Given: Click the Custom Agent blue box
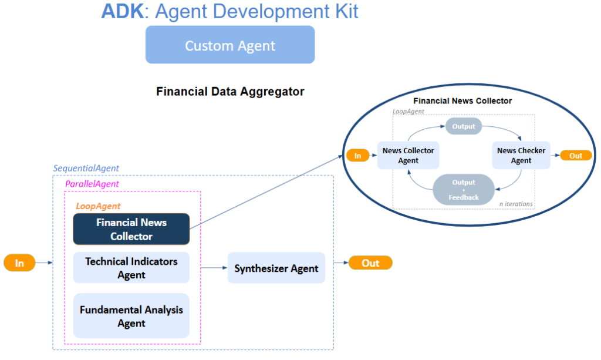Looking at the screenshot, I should coord(230,45).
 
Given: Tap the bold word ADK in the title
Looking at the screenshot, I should coord(122,11).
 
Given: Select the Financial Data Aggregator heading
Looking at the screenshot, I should coord(230,92).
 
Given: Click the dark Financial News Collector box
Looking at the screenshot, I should coord(131,229).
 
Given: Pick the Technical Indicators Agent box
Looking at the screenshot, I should coord(131,268).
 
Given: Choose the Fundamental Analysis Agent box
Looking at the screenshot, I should coord(131,316).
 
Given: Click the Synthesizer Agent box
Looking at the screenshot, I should coord(276,268).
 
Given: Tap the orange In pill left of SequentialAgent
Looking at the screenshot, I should coord(19,263).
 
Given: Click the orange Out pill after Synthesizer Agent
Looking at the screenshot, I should coord(370,263).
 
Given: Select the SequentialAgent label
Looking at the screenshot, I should coord(86,168).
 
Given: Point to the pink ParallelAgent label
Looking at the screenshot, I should coord(92,184).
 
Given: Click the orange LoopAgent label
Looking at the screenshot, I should coord(98,206).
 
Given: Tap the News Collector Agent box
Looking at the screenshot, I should coord(408,156).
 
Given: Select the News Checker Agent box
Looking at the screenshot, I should coord(521,156).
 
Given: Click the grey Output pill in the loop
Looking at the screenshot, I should coord(464,126).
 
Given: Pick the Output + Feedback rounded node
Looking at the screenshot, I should coord(464,190).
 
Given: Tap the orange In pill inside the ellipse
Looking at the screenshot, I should coord(357,156).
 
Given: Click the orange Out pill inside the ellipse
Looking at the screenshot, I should coord(576,156).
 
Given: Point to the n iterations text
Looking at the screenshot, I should coord(516,204).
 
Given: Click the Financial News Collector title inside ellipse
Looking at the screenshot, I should coord(462,101).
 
